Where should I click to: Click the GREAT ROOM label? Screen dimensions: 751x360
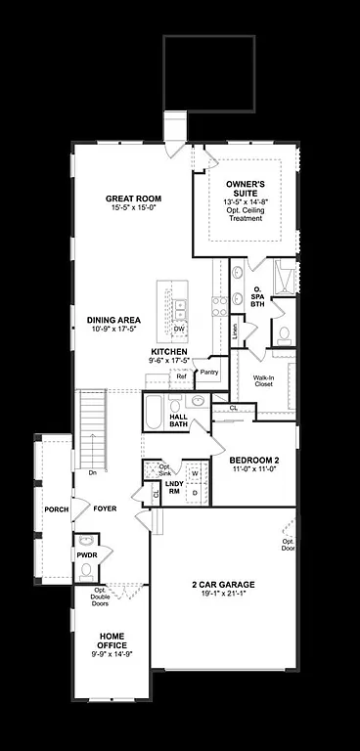133,199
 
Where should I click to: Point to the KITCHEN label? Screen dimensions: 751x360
169,351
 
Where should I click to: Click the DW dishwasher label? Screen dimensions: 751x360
179,330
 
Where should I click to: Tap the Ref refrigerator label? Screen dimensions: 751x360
181,375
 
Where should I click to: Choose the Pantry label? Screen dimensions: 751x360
208,373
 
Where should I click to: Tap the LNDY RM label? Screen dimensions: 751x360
174,487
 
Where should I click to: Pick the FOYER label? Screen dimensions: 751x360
105,508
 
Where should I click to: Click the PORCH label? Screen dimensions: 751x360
56,508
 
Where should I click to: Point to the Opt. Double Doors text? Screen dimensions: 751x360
100,596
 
